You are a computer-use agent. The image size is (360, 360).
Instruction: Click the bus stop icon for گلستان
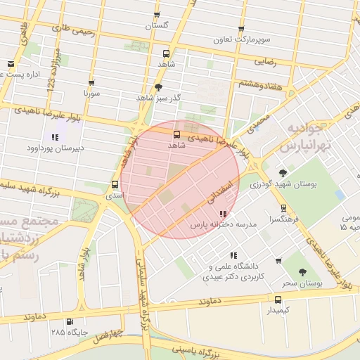click(157, 15)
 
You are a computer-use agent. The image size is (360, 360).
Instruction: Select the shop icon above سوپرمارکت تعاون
click(241, 30)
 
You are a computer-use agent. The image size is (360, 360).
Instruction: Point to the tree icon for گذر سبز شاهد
click(158, 87)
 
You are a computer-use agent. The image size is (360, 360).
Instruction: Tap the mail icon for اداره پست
click(11, 64)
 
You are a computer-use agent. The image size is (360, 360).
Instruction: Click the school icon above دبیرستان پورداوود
click(54, 136)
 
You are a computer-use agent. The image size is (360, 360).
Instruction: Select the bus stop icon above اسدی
click(115, 185)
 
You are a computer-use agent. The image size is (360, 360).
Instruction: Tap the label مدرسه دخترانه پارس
click(219, 225)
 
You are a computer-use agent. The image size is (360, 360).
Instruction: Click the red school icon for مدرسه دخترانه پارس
click(223, 214)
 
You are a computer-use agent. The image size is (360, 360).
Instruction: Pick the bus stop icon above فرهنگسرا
click(283, 208)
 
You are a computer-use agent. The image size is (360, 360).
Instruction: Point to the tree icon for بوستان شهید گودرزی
click(283, 172)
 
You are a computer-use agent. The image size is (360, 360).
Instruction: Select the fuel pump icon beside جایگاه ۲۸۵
click(70, 322)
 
